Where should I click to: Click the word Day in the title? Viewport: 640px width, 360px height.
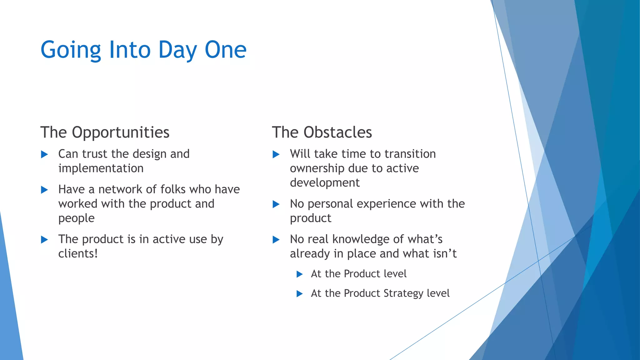click(177, 50)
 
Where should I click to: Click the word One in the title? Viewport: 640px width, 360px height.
click(225, 50)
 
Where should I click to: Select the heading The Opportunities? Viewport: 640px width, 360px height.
click(105, 132)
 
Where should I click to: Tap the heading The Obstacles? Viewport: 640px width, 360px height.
click(322, 132)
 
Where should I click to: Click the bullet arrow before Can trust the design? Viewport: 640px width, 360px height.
click(44, 154)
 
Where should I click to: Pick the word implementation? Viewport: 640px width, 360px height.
click(101, 168)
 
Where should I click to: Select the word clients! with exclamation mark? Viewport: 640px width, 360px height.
click(78, 253)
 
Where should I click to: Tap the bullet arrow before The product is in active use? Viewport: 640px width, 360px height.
click(44, 240)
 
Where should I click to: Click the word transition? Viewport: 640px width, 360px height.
click(410, 154)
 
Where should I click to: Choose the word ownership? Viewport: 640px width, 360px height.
click(317, 168)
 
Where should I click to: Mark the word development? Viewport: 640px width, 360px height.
click(324, 182)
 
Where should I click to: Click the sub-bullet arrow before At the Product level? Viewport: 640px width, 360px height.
click(299, 274)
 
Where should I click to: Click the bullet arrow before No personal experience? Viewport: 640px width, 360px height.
click(276, 204)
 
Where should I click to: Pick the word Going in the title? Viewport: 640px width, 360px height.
click(71, 50)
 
